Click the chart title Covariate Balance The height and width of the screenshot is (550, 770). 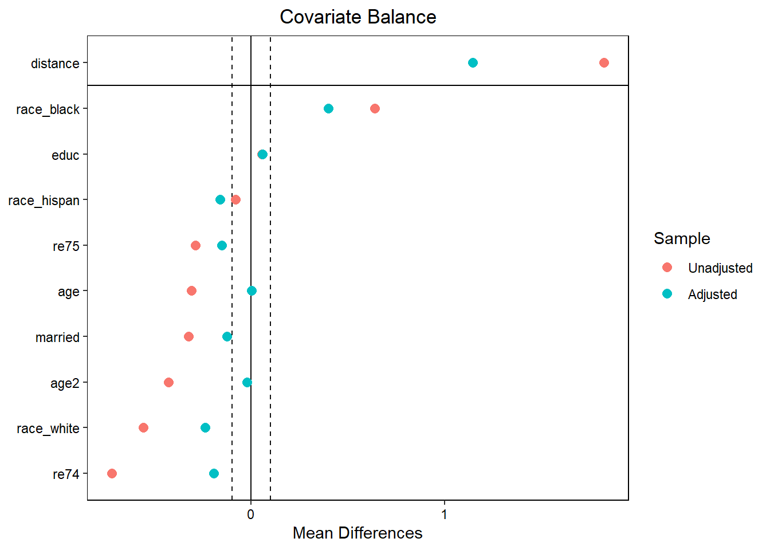357,17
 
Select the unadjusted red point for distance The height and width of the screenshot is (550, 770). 604,62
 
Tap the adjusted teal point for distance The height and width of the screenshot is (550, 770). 473,62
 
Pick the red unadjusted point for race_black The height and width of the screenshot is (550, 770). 375,108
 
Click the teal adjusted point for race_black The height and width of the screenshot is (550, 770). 328,108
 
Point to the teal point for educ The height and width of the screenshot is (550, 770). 262,154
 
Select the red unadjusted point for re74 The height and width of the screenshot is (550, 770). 112,473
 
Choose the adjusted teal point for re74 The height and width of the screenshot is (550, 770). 214,473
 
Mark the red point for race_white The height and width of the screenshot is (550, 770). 143,427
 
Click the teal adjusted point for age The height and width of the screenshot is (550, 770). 252,290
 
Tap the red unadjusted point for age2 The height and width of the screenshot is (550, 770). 168,382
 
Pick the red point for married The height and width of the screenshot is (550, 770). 188,336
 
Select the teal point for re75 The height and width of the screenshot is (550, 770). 222,245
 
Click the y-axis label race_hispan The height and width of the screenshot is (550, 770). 44,201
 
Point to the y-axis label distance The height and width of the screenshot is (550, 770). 55,64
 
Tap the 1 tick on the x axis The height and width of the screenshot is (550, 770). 444,514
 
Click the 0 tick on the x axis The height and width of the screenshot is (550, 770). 250,514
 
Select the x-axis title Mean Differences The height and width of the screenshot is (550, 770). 357,533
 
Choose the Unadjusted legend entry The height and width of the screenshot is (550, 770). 720,268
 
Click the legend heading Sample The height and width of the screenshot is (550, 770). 682,238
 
